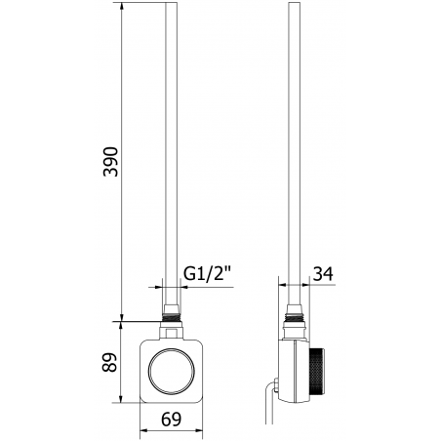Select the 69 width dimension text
pos(172,420)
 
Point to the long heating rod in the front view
pos(173,146)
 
